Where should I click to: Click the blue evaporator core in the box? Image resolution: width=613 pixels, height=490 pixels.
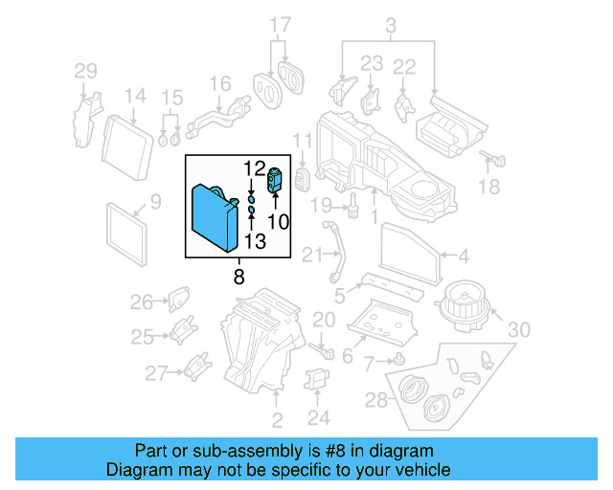[215, 215]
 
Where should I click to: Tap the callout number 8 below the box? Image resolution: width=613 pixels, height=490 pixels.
[238, 277]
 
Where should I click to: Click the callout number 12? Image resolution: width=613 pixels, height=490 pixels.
[253, 168]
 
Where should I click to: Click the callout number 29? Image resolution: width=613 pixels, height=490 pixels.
[86, 70]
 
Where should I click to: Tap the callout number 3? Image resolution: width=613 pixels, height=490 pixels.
[389, 24]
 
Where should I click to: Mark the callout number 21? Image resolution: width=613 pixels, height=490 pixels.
[311, 254]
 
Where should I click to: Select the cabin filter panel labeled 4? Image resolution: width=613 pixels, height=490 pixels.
[410, 252]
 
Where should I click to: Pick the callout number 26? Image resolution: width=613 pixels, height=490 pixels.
[142, 302]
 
